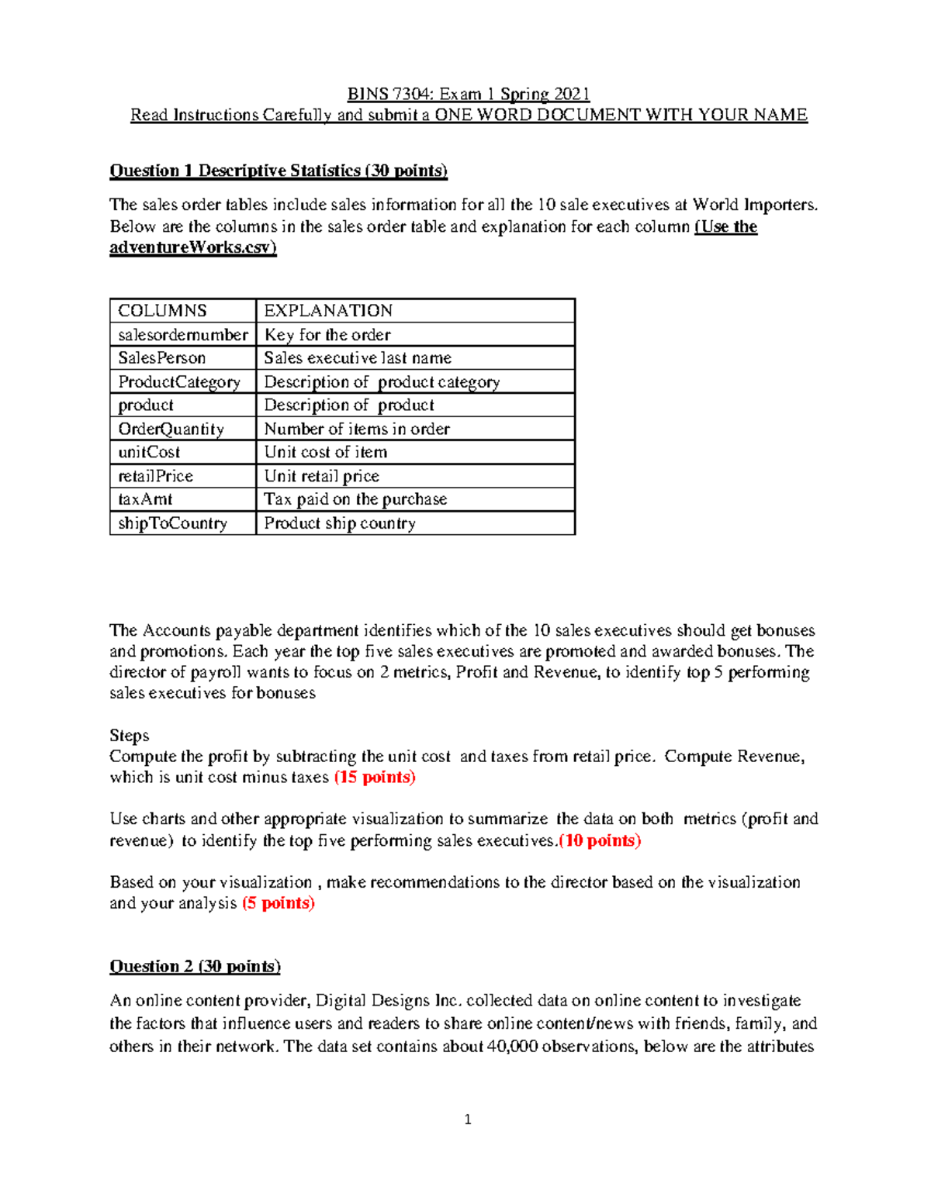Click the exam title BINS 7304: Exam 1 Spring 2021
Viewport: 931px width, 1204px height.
pos(468,94)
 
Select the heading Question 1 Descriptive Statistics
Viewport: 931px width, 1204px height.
pos(278,171)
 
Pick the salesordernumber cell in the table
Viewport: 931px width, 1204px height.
pos(182,335)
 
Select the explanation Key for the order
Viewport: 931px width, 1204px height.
pos(327,335)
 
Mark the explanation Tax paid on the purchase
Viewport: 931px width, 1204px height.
pos(355,499)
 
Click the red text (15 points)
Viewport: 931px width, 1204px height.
pos(375,778)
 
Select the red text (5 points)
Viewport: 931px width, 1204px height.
pos(278,903)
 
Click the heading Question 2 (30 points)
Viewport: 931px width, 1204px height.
pos(195,967)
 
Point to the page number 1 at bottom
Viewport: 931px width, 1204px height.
pos(467,1119)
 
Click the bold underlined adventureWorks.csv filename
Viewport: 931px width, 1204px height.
pos(192,248)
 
